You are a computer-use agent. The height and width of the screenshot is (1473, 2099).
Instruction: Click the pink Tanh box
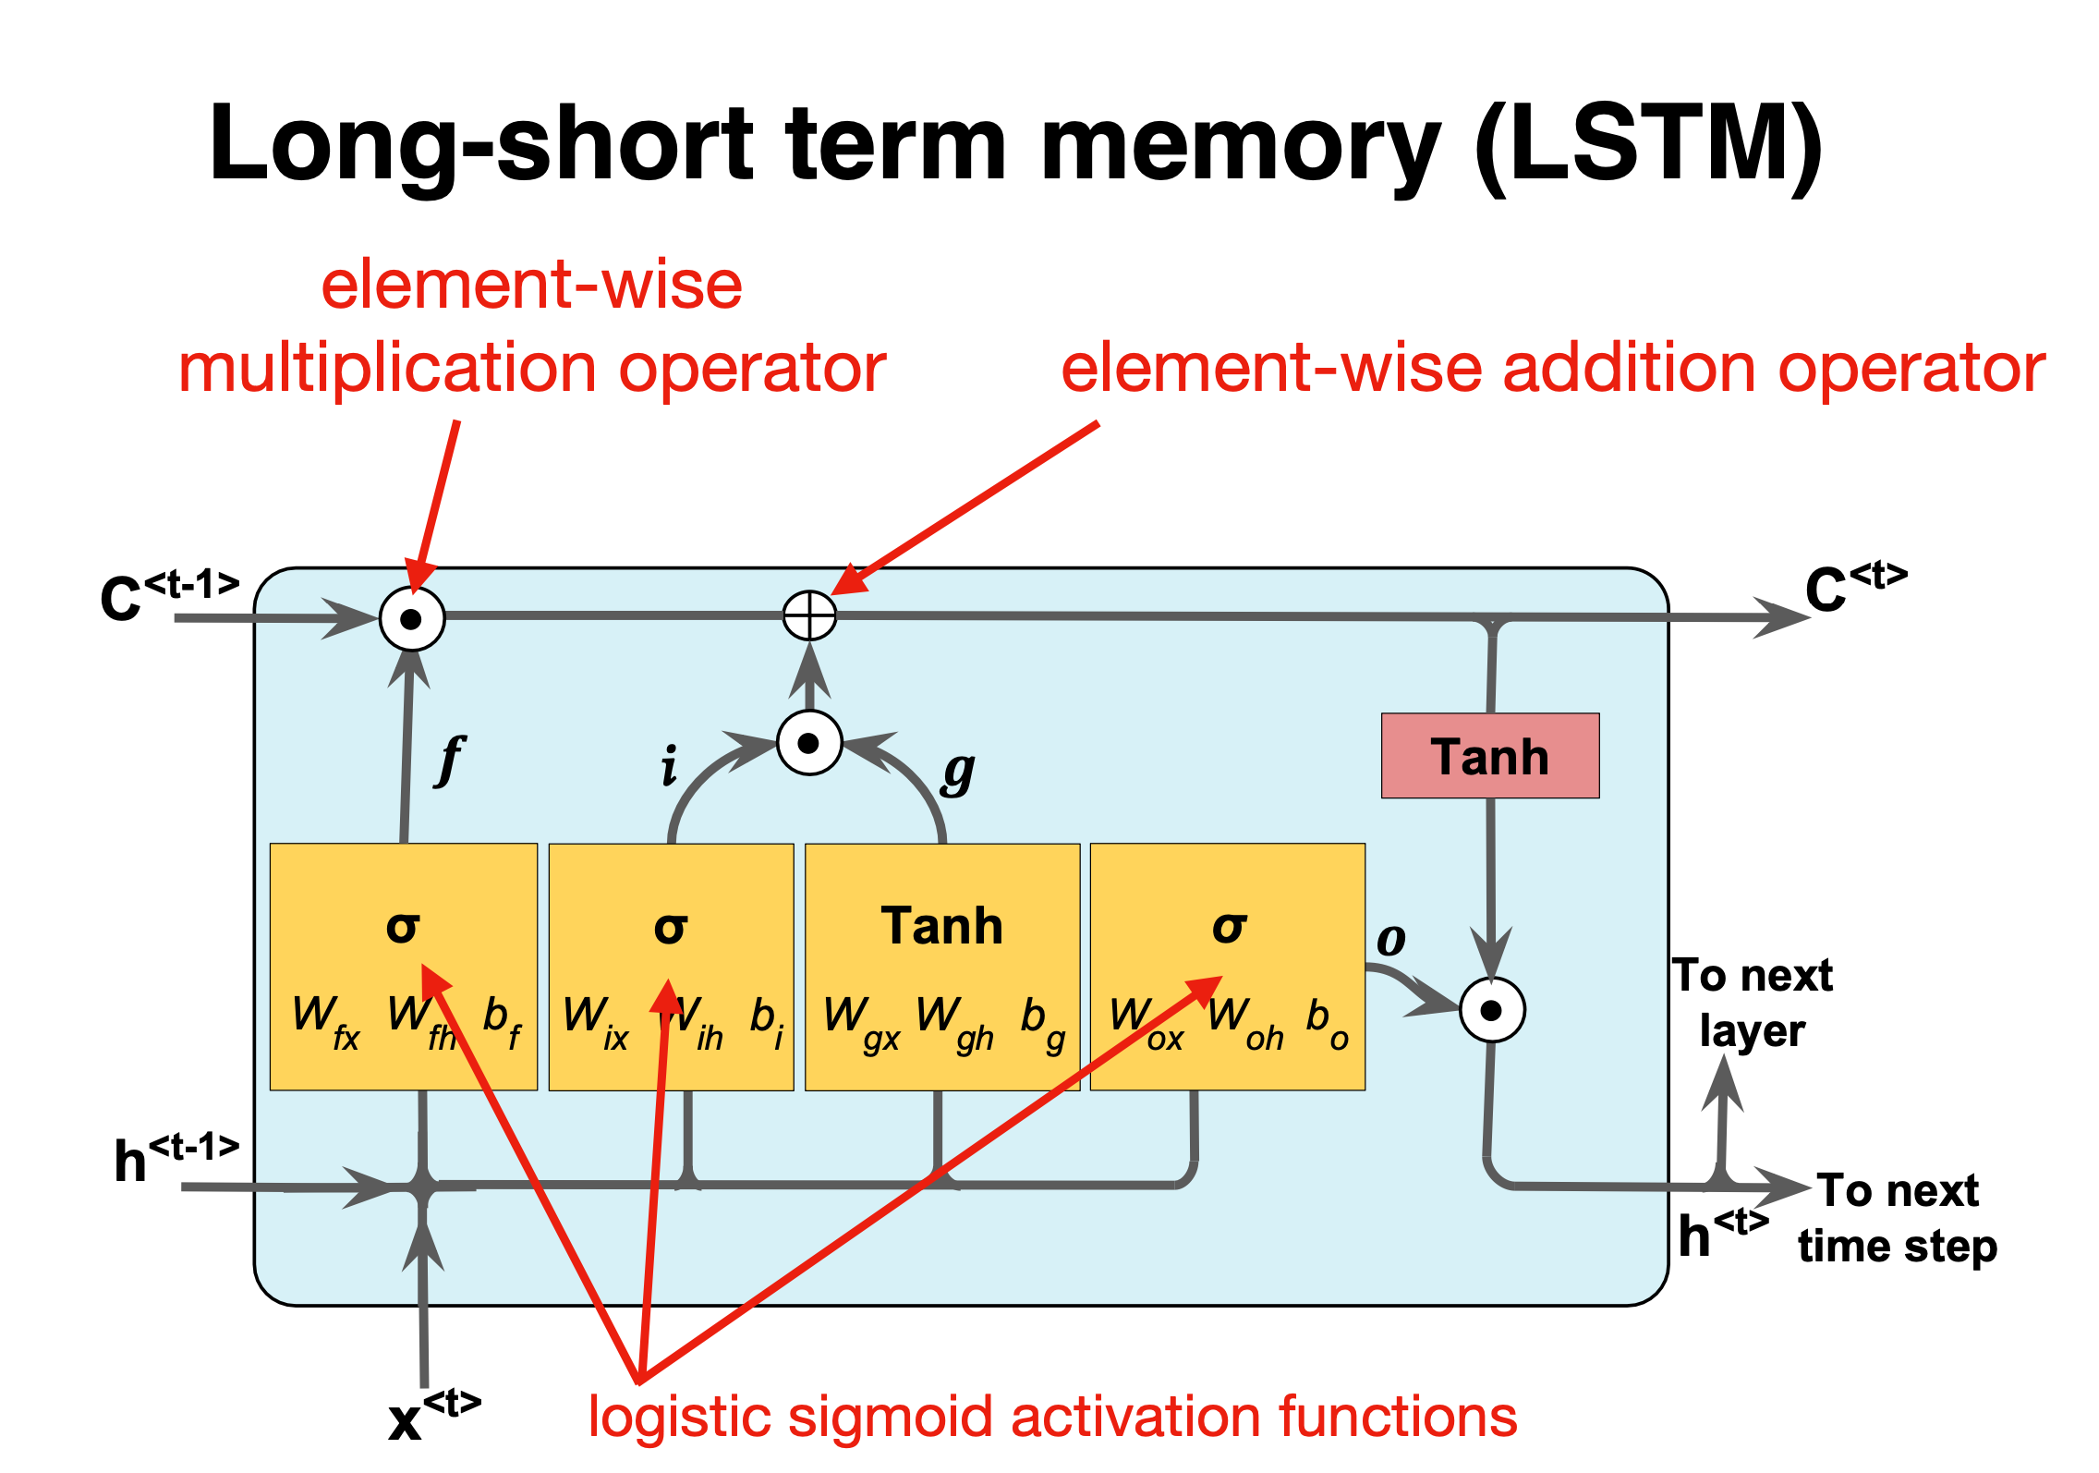(1489, 755)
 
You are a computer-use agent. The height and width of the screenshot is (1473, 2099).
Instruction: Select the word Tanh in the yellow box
(941, 926)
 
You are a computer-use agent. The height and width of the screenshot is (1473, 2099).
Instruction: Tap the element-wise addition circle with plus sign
(809, 615)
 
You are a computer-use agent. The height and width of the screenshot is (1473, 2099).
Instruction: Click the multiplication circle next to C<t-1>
(412, 618)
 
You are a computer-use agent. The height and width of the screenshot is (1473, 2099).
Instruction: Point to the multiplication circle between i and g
(809, 743)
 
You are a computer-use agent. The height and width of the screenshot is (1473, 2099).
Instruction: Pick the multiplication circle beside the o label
(1491, 1010)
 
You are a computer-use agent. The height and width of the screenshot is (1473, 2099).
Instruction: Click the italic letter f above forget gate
(450, 760)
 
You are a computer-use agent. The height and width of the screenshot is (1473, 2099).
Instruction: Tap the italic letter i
(669, 766)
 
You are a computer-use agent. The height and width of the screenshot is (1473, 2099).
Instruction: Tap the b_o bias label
(1327, 1023)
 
